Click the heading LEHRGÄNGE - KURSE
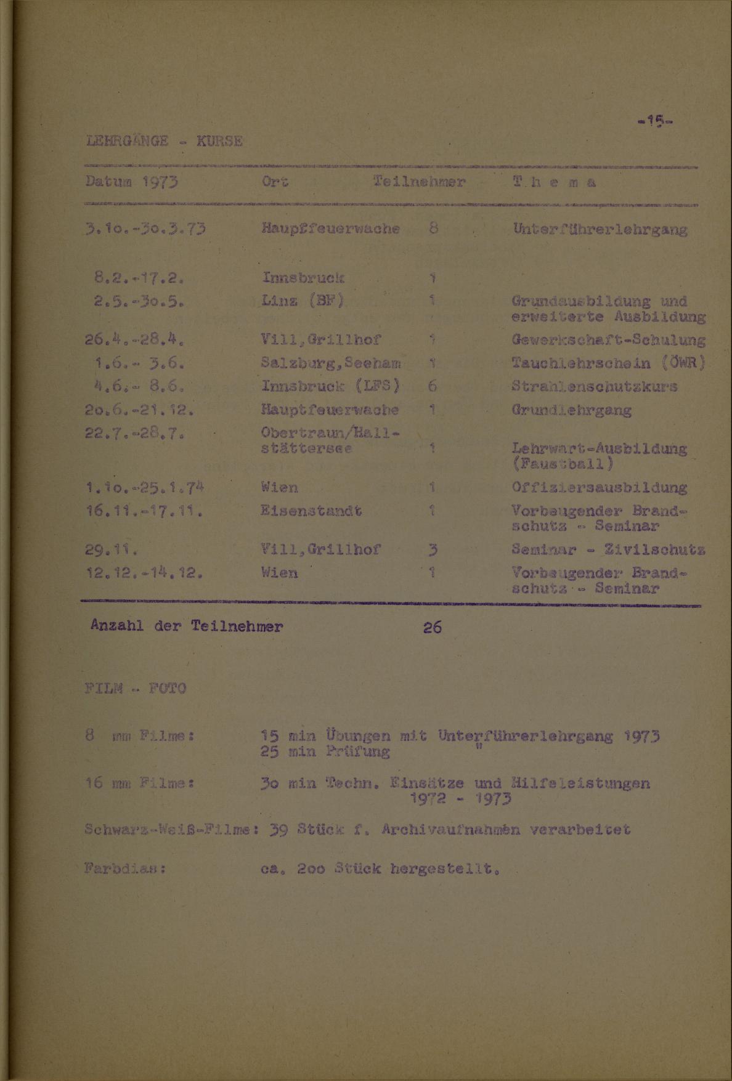[x=166, y=141]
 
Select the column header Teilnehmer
[x=419, y=183]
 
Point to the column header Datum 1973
[x=131, y=183]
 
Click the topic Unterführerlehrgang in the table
[x=599, y=230]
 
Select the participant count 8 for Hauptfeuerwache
[x=433, y=229]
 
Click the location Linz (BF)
[x=303, y=301]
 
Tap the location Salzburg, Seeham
[x=331, y=363]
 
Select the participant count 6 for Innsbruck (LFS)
[x=433, y=387]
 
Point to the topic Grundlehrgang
[x=571, y=410]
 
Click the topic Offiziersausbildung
[x=599, y=488]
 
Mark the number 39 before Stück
[x=279, y=830]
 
